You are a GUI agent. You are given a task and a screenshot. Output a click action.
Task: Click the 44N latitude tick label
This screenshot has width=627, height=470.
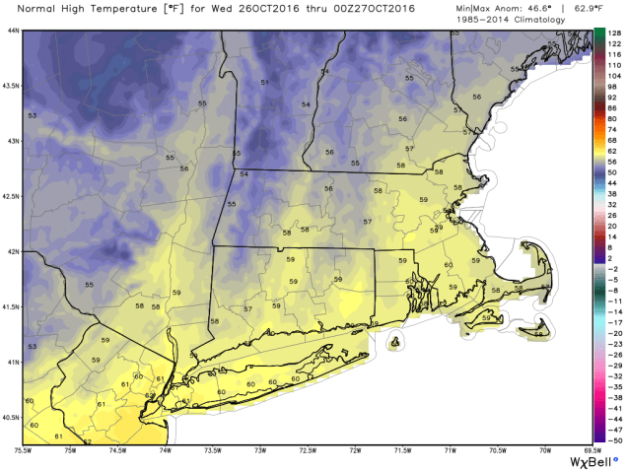(12, 31)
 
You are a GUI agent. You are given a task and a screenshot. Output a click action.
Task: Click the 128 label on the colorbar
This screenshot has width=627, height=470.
(613, 33)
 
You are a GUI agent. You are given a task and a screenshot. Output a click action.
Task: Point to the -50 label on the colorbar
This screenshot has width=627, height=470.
(613, 442)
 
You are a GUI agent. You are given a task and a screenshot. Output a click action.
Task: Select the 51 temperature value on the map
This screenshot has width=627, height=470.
(264, 83)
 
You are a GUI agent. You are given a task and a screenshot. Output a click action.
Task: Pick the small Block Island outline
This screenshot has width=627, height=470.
(398, 343)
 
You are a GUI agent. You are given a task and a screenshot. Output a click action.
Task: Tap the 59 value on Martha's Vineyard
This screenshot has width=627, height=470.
(486, 318)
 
